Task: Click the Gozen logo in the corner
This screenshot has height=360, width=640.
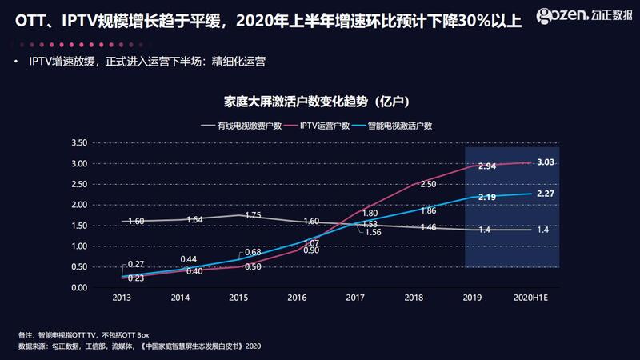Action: tap(584, 14)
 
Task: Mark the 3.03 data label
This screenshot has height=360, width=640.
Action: tap(546, 162)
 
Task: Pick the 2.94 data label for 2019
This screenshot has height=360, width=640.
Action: tap(487, 166)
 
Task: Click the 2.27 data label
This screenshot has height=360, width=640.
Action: tap(546, 193)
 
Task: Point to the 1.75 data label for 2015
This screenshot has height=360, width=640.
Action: tap(252, 215)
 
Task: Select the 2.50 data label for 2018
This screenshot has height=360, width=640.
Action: tap(428, 185)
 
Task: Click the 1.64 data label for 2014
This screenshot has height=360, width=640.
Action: tap(194, 220)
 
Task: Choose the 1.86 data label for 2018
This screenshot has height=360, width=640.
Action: tap(428, 211)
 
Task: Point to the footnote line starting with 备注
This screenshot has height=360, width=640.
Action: tap(83, 334)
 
